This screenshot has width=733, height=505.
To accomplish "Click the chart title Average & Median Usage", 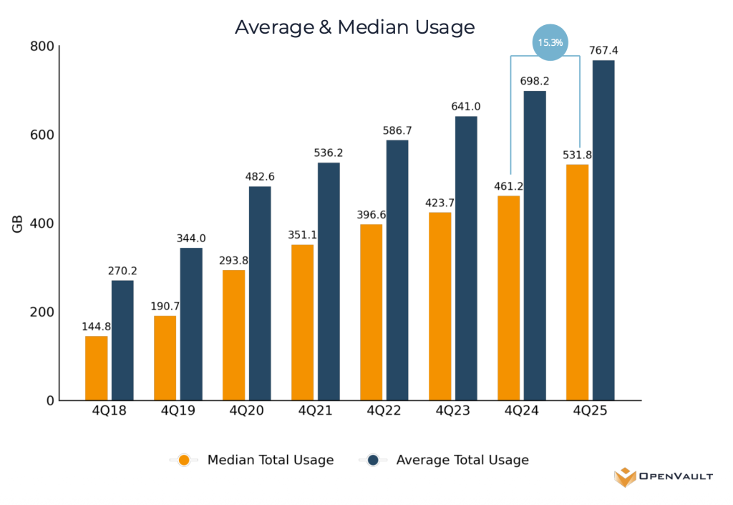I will [x=354, y=27].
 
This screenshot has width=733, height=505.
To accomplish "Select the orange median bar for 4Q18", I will [x=96, y=368].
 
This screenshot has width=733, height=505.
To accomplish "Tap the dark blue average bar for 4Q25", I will [x=603, y=229].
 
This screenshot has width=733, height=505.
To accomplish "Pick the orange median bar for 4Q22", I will [x=371, y=312].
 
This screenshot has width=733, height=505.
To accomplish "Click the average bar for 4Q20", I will [x=259, y=294].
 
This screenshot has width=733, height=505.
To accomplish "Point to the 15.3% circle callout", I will [x=550, y=43].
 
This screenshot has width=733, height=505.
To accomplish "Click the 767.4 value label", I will [x=603, y=50].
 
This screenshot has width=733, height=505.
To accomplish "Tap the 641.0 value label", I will [x=465, y=107].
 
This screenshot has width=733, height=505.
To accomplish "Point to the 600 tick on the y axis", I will [x=43, y=135].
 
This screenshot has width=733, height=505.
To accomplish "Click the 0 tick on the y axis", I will [x=50, y=400].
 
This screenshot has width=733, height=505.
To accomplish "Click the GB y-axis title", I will [x=17, y=223].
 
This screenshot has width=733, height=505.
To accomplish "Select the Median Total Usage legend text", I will [x=270, y=460].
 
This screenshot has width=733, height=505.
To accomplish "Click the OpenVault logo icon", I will [x=624, y=476].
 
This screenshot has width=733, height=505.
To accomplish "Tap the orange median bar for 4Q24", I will [x=508, y=298].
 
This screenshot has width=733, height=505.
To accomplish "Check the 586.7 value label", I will [x=397, y=131].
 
